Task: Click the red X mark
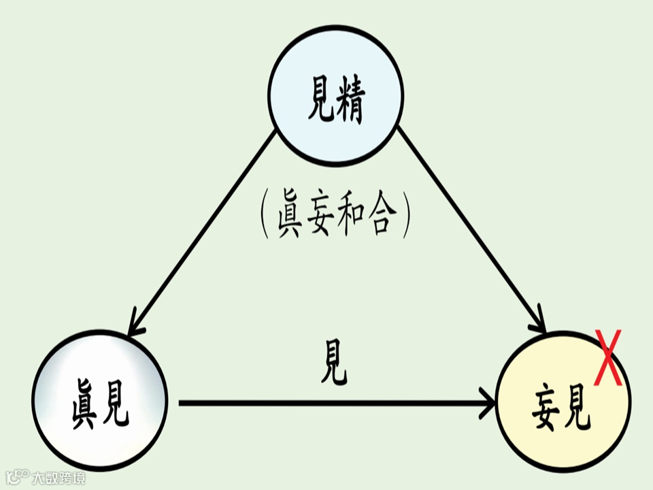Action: tap(607, 357)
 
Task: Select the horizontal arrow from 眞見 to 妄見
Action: tap(333, 403)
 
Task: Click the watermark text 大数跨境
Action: tap(59, 478)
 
